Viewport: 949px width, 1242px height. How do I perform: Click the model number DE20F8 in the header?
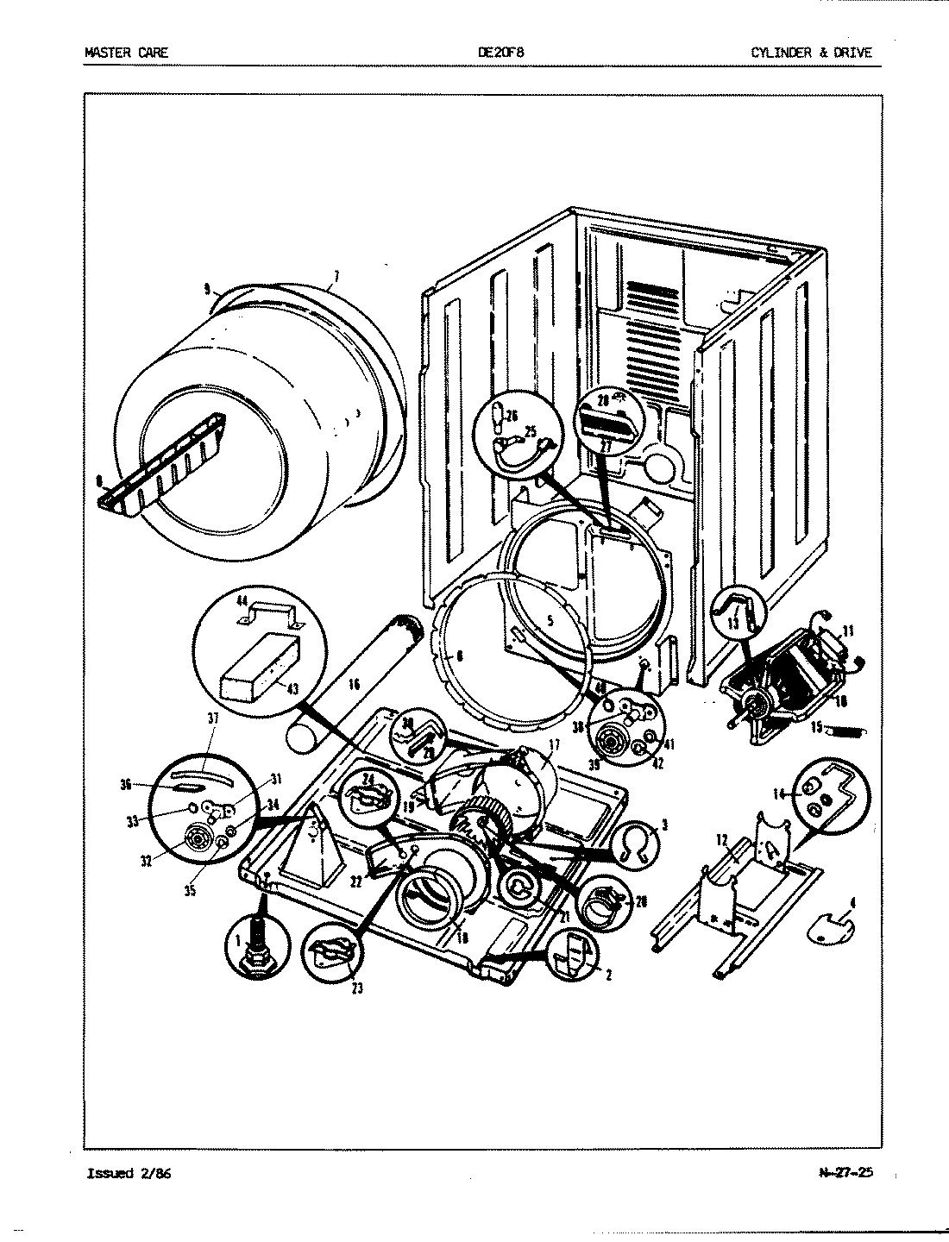pyautogui.click(x=500, y=53)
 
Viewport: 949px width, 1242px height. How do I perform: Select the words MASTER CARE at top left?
pyautogui.click(x=126, y=53)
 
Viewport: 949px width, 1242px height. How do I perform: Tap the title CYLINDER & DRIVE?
pyautogui.click(x=811, y=53)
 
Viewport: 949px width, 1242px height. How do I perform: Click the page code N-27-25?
pyautogui.click(x=845, y=1173)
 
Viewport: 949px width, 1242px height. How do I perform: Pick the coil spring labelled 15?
pyautogui.click(x=845, y=731)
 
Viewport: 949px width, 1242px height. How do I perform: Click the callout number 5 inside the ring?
pyautogui.click(x=550, y=619)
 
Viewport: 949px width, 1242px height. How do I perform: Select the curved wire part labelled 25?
pyautogui.click(x=516, y=444)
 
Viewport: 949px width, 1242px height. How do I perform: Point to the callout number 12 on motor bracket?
pyautogui.click(x=722, y=839)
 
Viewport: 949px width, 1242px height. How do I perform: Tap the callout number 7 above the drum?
pyautogui.click(x=336, y=277)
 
